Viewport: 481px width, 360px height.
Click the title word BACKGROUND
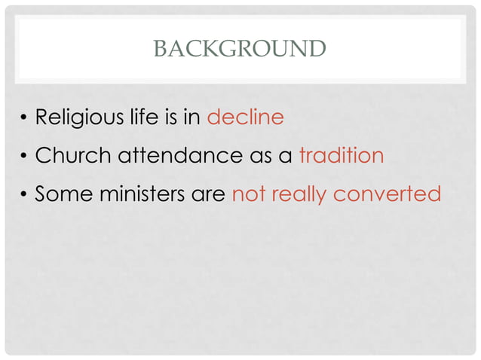pos(240,49)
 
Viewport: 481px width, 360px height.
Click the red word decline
pos(245,118)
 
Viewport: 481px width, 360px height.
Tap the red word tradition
pos(342,156)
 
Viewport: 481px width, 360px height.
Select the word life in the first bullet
pos(142,118)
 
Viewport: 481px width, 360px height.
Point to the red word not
pos(247,194)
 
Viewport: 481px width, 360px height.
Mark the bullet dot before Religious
pos(24,119)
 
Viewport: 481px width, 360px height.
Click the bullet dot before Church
pos(24,157)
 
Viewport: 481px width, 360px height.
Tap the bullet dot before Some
pos(24,194)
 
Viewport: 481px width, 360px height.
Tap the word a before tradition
pos(286,157)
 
